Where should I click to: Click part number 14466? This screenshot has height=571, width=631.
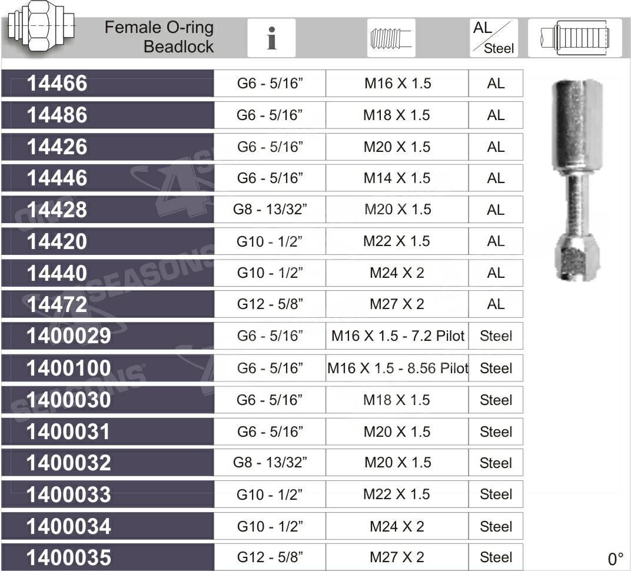click(x=57, y=84)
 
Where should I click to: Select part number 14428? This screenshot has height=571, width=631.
click(x=57, y=210)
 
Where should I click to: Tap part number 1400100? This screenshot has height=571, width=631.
click(x=68, y=368)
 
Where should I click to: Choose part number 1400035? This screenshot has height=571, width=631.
click(x=68, y=557)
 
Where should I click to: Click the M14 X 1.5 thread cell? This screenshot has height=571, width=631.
click(x=397, y=178)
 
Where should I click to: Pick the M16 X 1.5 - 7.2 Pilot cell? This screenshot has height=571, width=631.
click(x=397, y=336)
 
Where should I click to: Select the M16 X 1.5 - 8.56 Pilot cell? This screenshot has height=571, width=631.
click(x=397, y=368)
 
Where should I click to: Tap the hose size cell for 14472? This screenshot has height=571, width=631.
click(x=270, y=304)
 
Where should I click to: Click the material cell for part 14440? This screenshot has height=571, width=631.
click(x=496, y=273)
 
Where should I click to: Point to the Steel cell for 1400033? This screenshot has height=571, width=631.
click(x=496, y=494)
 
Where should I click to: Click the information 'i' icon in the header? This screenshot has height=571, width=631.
click(x=271, y=38)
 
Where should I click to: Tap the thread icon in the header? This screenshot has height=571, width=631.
click(x=391, y=38)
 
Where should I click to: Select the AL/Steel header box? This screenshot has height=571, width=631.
click(x=494, y=38)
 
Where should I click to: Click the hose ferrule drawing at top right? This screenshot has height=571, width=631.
click(x=574, y=38)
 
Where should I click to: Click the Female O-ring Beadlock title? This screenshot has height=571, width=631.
click(x=159, y=36)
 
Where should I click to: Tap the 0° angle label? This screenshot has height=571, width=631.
click(x=615, y=559)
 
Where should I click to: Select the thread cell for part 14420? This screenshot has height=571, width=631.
click(x=397, y=241)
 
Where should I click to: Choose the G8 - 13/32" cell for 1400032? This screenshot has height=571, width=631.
click(x=270, y=462)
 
